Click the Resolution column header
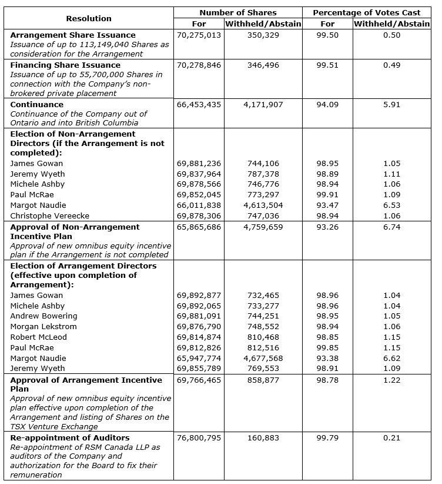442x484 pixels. click(89, 18)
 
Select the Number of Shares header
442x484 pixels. click(238, 12)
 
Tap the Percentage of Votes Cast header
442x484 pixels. click(366, 12)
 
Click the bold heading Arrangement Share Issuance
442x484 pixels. click(73, 35)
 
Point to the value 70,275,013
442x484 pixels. click(199, 35)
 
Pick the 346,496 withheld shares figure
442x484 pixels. click(263, 65)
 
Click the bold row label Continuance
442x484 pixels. click(37, 104)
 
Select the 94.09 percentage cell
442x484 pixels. click(327, 105)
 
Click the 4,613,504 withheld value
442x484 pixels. click(263, 205)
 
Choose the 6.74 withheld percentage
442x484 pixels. click(391, 227)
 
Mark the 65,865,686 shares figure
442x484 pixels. click(199, 227)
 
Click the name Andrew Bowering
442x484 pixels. click(44, 316)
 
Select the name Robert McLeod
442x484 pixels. click(39, 337)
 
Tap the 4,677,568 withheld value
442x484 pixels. click(263, 359)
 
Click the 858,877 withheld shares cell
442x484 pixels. click(263, 380)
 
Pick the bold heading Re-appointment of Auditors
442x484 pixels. click(70, 438)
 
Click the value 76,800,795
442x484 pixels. click(199, 438)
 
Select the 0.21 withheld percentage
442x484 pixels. click(391, 438)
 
